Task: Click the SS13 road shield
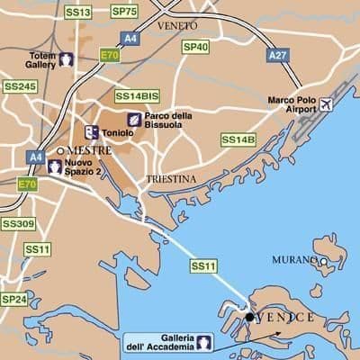[x=78, y=13]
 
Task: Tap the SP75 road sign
[x=124, y=12]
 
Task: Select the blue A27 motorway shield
[x=278, y=55]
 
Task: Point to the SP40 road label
[x=195, y=47]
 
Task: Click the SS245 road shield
[x=19, y=86]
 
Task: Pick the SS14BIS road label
[x=136, y=94]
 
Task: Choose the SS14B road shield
[x=238, y=139]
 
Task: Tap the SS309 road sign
[x=18, y=223]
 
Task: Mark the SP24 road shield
[x=13, y=298]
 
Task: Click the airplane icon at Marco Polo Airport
[x=325, y=105]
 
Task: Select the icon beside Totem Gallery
[x=67, y=60]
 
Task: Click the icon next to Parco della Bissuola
[x=133, y=119]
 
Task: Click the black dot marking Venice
[x=249, y=317]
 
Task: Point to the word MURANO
[x=293, y=260]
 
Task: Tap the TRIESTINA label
[x=170, y=179]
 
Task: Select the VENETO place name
[x=176, y=26]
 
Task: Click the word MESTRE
[x=88, y=150]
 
